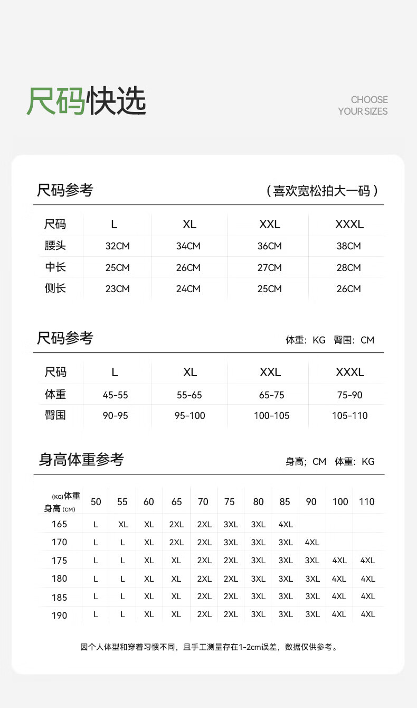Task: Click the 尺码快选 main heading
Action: pos(87,100)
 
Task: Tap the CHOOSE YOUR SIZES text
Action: pos(363,106)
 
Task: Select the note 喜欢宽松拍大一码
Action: pos(322,191)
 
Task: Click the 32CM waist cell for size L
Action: pos(117,246)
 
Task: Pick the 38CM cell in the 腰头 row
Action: pos(348,246)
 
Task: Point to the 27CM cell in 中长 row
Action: pos(269,268)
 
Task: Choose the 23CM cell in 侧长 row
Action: pos(117,289)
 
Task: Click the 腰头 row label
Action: pos(55,246)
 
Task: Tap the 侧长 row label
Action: pos(55,288)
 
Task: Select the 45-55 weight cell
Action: pos(115,395)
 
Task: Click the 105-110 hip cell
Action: pos(349,416)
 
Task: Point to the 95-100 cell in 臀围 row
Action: pos(189,416)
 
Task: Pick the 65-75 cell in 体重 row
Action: pos(271,395)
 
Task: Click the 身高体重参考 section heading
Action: pos(81,460)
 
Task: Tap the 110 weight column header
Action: pos(366,502)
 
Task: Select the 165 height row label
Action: pos(59,524)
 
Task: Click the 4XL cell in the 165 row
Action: pos(285,525)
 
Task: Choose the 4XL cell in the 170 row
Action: pos(312,543)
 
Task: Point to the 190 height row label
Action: pos(59,616)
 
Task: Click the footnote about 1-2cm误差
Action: pos(209,647)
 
